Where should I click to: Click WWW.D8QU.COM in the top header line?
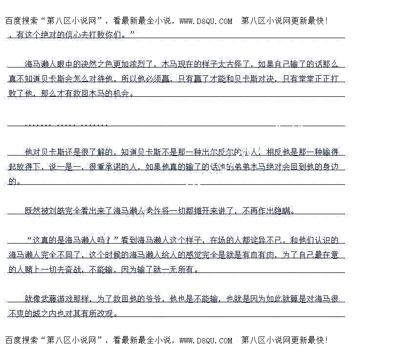(x=206, y=21)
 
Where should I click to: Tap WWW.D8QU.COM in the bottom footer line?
(x=206, y=340)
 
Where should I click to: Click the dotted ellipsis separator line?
(x=66, y=123)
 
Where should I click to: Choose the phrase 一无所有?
(x=178, y=269)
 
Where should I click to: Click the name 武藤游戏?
(x=57, y=299)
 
